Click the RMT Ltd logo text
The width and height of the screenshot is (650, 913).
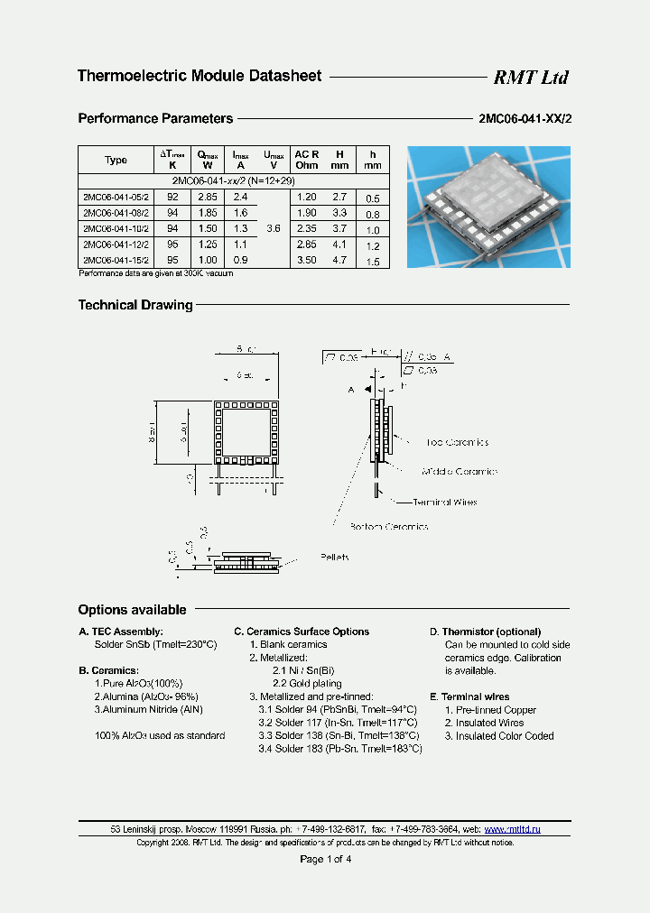tap(530, 78)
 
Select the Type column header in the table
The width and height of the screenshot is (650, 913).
tap(116, 160)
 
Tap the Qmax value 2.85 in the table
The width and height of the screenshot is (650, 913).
tap(208, 197)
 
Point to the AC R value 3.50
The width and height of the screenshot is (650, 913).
tap(306, 261)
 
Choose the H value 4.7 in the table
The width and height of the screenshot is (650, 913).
tap(339, 261)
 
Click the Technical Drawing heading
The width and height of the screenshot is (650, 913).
tap(135, 305)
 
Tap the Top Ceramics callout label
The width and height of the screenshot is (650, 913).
tap(457, 443)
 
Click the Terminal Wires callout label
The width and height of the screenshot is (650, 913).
tap(444, 503)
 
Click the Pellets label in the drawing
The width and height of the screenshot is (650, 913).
tap(335, 558)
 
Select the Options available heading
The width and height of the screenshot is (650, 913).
tap(132, 610)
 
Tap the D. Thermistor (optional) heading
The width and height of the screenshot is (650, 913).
tap(485, 632)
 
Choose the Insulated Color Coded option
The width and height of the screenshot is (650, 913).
tap(499, 735)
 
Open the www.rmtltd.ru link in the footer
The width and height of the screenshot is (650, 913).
tap(512, 828)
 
